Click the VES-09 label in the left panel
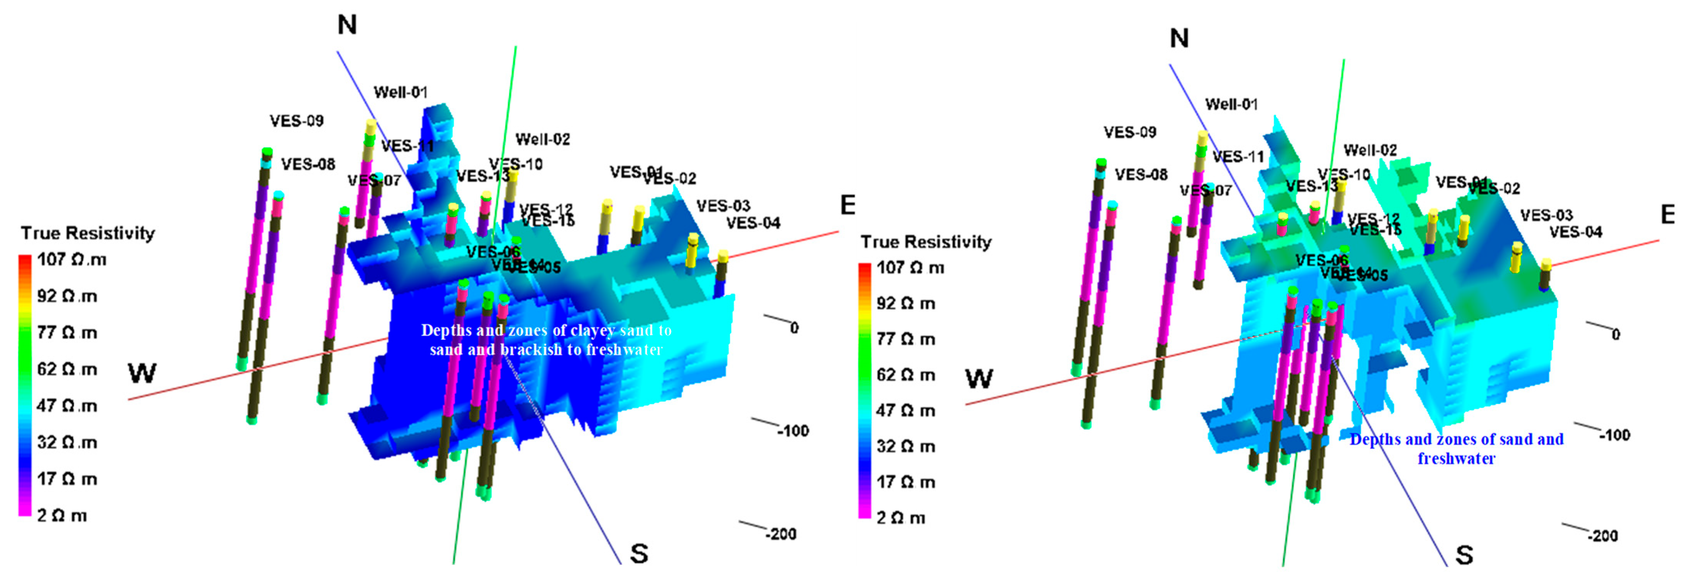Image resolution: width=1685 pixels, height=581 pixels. (296, 121)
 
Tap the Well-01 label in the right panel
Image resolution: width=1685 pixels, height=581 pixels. (1231, 104)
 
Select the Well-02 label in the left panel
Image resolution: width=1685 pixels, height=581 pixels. (542, 139)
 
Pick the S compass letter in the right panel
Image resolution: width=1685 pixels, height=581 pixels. (1464, 555)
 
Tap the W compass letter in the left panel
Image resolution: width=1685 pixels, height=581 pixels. (142, 373)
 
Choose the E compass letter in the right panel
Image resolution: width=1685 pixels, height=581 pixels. (1667, 214)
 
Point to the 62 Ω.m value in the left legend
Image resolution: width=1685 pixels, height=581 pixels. (67, 370)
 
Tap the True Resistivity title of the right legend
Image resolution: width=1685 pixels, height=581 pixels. (925, 242)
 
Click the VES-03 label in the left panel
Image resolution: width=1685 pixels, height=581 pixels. (723, 206)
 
